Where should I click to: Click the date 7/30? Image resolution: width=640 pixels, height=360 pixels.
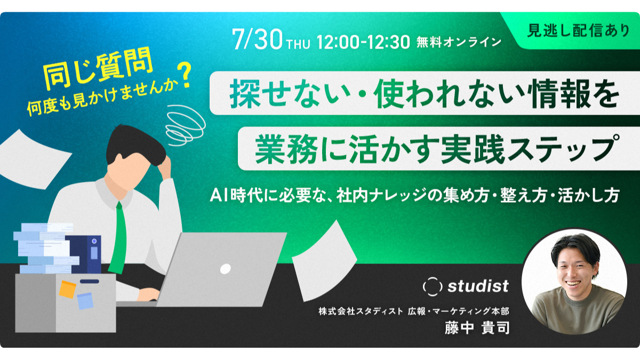point(257,39)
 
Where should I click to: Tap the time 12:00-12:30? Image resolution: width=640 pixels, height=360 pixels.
point(363,42)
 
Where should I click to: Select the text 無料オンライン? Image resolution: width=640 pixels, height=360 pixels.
point(459,42)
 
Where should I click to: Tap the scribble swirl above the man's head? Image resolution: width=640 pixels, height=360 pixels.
point(185,126)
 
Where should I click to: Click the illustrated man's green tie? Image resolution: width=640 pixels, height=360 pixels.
point(119,238)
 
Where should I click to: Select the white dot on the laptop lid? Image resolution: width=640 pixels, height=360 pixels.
point(225,269)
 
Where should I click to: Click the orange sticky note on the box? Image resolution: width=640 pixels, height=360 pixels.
point(67,289)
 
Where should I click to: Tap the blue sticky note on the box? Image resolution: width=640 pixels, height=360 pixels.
point(85,301)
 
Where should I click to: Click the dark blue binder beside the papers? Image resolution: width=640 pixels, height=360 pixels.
point(86,254)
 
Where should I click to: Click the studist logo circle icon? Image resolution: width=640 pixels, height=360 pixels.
point(433,286)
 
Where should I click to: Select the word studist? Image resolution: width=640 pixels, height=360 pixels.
point(478,286)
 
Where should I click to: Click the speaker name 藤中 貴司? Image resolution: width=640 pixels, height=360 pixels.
point(477,328)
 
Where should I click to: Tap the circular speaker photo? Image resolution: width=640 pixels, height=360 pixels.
point(574,282)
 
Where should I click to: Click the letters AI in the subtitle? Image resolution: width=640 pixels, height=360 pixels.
point(219,195)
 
